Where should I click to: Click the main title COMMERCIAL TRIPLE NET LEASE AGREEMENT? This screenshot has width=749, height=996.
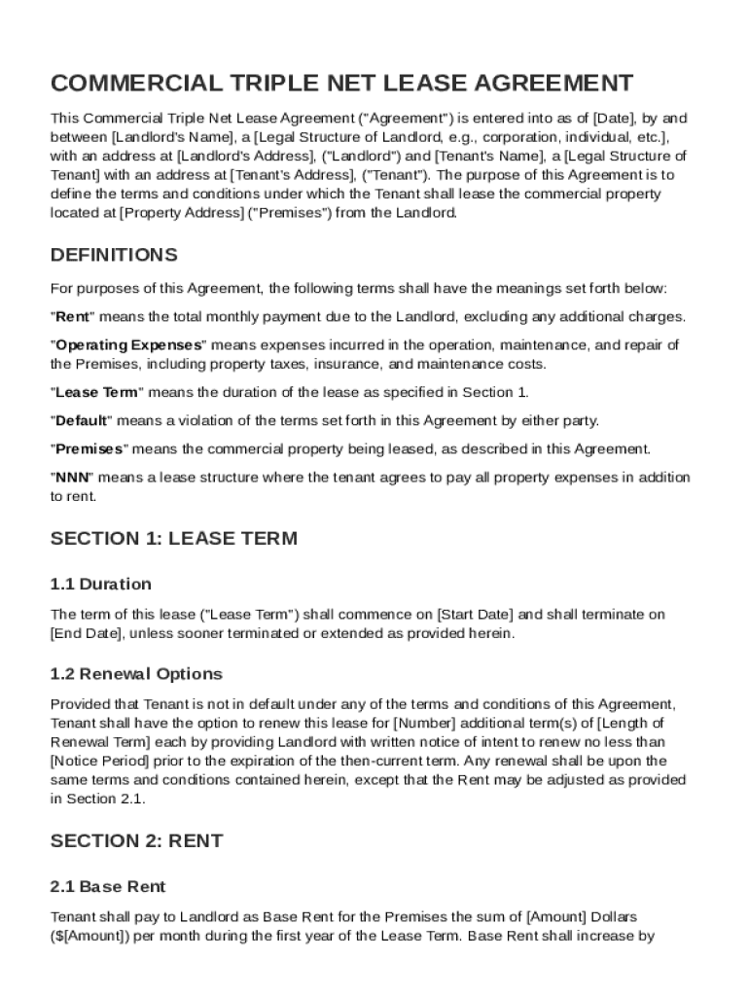341,84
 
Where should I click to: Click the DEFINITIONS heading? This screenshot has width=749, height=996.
114,255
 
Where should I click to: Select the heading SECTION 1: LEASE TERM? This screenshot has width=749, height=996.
174,539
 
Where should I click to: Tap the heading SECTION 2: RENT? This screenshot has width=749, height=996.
136,841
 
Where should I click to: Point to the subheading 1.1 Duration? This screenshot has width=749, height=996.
101,585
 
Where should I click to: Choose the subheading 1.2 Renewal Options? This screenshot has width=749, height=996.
136,674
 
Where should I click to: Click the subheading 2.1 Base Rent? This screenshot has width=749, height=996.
108,887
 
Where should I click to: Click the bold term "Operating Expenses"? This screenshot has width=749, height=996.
128,345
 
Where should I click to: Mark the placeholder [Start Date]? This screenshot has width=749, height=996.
476,615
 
